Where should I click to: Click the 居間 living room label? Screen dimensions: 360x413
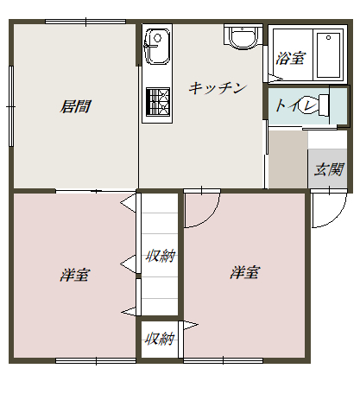tap(75, 106)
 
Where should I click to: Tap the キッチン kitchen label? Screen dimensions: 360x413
tap(218, 88)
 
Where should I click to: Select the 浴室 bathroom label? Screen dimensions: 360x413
tap(290, 58)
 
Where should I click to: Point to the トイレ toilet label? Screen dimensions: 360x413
tap(296, 105)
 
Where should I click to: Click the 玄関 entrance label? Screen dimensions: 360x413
tap(329, 169)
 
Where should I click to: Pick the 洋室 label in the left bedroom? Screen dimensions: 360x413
tap(75, 275)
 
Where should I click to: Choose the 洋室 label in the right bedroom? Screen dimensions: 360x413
tap(245, 272)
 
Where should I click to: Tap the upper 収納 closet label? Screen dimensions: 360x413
tap(161, 256)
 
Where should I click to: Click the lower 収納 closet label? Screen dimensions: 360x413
tap(160, 339)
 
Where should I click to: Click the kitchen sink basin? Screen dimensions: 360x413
tap(157, 46)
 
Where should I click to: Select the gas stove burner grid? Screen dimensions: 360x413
tap(158, 102)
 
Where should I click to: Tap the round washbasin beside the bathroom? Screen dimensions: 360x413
tap(243, 37)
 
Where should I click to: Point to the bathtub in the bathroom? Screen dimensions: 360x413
tap(328, 55)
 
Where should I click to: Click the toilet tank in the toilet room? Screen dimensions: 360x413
tap(324, 105)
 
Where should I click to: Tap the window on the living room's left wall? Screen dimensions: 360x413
tap(11, 106)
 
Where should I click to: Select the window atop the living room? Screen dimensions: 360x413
tap(85, 22)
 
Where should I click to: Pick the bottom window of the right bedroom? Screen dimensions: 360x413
tap(223, 360)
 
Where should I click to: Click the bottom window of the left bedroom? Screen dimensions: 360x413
tap(96, 360)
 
